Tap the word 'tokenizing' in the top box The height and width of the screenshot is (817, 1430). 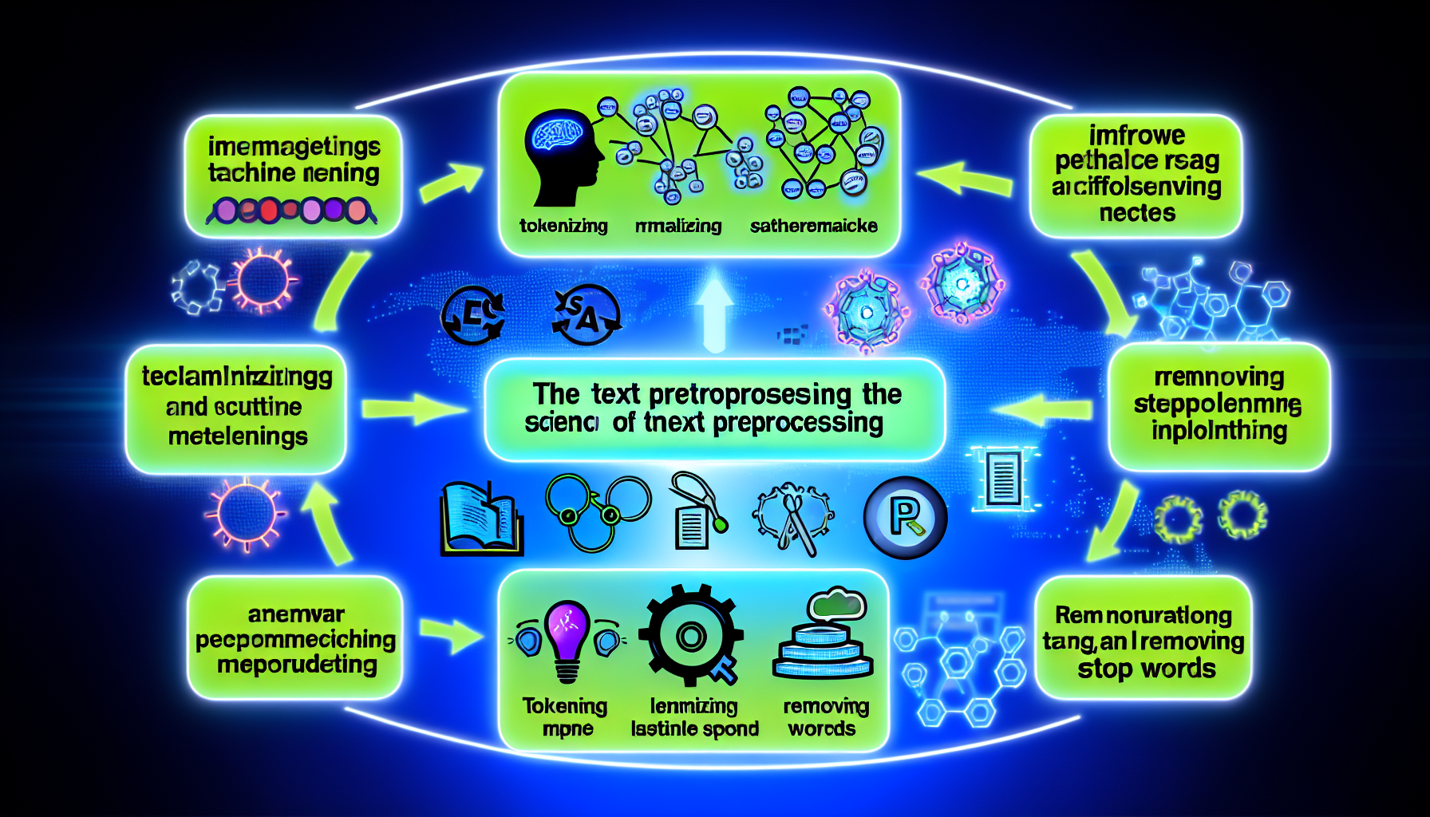pyautogui.click(x=563, y=226)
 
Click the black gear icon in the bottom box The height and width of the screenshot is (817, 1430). pyautogui.click(x=691, y=636)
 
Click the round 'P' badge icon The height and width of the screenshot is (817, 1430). pyautogui.click(x=905, y=517)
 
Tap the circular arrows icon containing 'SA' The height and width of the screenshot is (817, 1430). pyautogui.click(x=587, y=315)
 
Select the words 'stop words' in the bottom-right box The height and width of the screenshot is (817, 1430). pyautogui.click(x=1147, y=669)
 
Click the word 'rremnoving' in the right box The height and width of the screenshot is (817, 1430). pyautogui.click(x=1219, y=377)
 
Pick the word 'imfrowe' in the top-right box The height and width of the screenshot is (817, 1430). pyautogui.click(x=1137, y=135)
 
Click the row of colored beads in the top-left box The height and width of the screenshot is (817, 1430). pyautogui.click(x=291, y=211)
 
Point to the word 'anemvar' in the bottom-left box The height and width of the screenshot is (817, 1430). pyautogui.click(x=296, y=614)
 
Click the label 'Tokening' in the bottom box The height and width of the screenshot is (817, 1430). pyautogui.click(x=565, y=706)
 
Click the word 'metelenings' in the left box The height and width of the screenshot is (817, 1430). pyautogui.click(x=238, y=436)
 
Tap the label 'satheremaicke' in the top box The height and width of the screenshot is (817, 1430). pyautogui.click(x=813, y=226)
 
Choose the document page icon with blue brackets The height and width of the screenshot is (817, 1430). pyautogui.click(x=1003, y=477)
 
